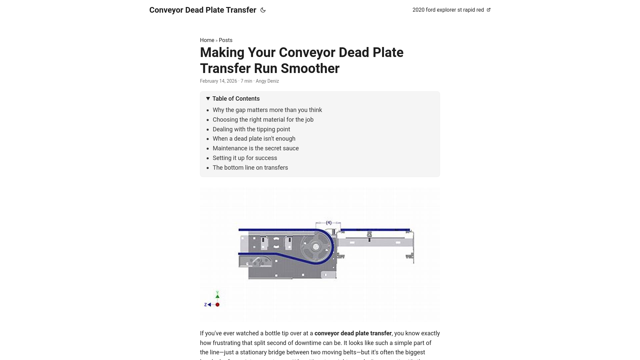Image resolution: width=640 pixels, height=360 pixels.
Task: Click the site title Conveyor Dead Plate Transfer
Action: [x=203, y=10]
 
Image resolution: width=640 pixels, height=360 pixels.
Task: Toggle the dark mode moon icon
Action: [x=263, y=10]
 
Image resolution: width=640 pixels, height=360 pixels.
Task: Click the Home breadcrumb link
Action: [x=207, y=40]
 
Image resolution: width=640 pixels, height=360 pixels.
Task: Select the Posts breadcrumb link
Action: [x=226, y=40]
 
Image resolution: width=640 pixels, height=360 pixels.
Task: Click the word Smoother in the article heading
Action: [x=310, y=69]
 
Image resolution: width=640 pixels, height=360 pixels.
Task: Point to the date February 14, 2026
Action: [x=218, y=81]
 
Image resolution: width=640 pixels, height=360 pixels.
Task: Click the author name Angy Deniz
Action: [x=267, y=81]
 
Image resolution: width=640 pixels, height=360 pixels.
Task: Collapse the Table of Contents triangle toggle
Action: [x=208, y=99]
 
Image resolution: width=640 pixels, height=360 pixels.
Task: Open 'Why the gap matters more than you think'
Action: [x=267, y=110]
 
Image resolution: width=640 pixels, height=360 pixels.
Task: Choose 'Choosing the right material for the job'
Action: [x=263, y=120]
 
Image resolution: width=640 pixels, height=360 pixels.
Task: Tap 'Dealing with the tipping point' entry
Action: [x=251, y=129]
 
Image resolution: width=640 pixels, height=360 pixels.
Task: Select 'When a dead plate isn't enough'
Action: [x=254, y=139]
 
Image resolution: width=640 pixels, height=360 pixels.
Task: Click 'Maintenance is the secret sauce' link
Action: [x=256, y=148]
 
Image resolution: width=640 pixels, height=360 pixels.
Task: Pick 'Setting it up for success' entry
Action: [x=245, y=158]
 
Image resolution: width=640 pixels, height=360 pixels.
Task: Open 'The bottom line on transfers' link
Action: [x=250, y=168]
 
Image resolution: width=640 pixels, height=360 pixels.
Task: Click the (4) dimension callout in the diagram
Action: [x=329, y=223]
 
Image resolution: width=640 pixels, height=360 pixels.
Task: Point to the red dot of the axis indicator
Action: [x=218, y=305]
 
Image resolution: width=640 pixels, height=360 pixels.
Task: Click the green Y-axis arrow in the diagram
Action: [x=217, y=296]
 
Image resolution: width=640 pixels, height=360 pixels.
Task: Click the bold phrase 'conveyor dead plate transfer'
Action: [x=353, y=333]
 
